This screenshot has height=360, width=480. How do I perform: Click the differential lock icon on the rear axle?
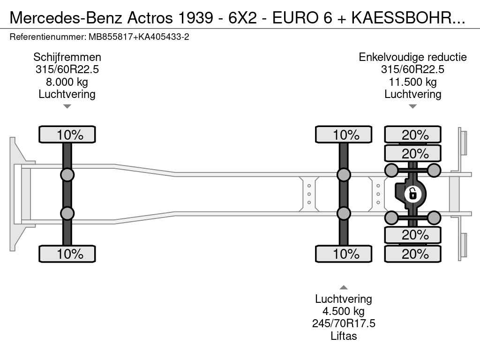point(412,194)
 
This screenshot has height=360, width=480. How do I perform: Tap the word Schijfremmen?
point(67,57)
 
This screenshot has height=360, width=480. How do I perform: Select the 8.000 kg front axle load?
point(67,82)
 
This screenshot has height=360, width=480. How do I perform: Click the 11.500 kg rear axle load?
point(412,82)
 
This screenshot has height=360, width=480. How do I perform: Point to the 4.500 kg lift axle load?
point(344,311)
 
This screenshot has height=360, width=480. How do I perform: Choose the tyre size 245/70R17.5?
point(344,323)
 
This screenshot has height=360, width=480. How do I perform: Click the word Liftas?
point(344,336)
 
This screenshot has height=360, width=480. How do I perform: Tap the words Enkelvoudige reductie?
point(412,57)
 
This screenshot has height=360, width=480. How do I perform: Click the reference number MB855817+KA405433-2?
point(139,37)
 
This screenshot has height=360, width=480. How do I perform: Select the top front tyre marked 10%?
point(67,135)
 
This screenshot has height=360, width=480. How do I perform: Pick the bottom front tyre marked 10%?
point(67,254)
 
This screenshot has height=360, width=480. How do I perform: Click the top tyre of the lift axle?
point(344,135)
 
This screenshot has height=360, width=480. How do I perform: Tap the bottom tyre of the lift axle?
point(344,254)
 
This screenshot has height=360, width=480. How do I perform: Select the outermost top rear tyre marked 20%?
point(412,135)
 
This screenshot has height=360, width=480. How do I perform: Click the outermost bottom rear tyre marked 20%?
point(412,254)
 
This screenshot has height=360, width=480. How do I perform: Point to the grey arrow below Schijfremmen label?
point(67,106)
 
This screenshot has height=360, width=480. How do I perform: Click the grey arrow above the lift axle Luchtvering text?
point(344,287)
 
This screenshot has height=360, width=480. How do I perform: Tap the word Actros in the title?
point(150,18)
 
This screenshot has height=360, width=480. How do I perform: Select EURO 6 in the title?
point(302,18)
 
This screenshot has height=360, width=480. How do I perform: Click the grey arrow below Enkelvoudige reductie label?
point(412,106)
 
